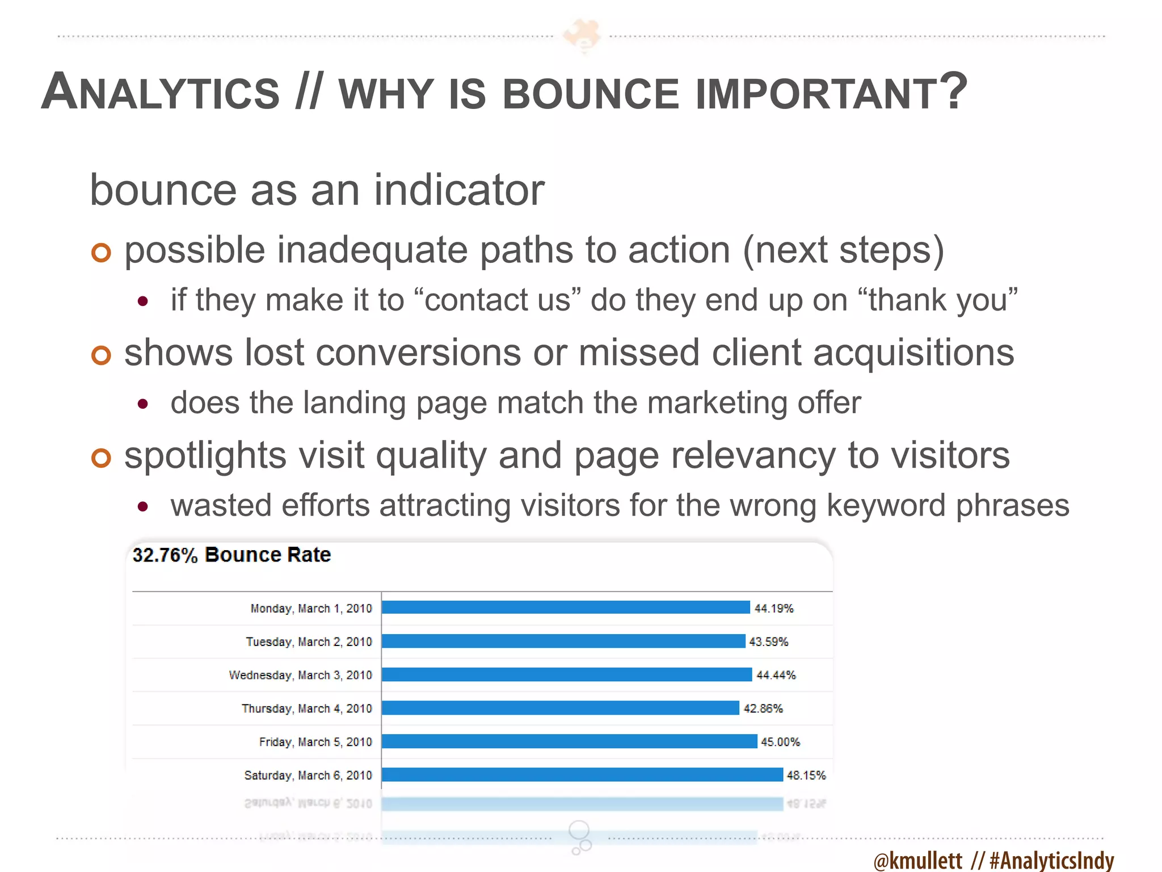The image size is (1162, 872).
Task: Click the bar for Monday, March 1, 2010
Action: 566,607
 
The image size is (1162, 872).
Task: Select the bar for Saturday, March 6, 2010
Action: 582,774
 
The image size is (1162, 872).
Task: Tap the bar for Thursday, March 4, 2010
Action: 561,708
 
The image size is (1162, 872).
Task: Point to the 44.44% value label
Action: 776,675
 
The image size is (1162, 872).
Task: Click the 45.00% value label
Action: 780,742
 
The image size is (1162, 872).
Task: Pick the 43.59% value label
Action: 768,642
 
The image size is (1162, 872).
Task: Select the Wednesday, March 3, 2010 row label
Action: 300,675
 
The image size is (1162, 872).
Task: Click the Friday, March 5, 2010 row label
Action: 315,742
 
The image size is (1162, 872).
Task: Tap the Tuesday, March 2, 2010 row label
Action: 309,642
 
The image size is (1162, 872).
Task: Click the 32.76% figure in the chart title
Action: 165,555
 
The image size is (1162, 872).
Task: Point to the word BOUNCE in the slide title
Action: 591,94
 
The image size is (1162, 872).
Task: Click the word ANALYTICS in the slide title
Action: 161,93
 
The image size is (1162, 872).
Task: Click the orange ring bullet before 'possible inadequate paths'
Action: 101,253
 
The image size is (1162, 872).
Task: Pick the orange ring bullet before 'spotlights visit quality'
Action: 101,458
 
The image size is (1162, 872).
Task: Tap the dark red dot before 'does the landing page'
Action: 143,404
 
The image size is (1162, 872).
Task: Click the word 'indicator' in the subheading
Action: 458,190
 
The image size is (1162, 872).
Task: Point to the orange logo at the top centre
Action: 582,35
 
